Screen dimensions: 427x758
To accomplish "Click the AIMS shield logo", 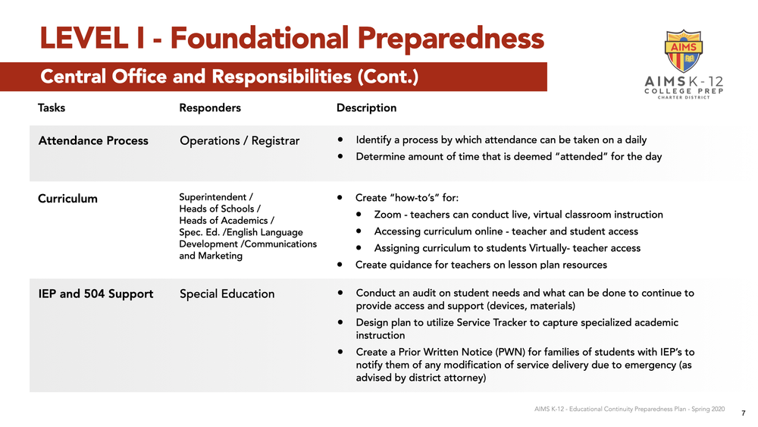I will pyautogui.click(x=684, y=52).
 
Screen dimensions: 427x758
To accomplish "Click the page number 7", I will pyautogui.click(x=743, y=413).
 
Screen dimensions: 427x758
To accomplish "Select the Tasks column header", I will pyautogui.click(x=52, y=108).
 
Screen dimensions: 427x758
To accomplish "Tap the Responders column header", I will pyautogui.click(x=210, y=108).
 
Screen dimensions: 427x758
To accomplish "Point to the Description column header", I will pyautogui.click(x=366, y=108).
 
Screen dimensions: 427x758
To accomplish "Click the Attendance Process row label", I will pyautogui.click(x=93, y=140).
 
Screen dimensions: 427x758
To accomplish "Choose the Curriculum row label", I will pyautogui.click(x=67, y=199).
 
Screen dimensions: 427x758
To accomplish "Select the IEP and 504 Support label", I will pyautogui.click(x=96, y=294).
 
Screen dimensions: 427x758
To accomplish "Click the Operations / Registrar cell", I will pyautogui.click(x=240, y=140).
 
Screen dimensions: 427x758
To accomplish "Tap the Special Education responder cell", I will pyautogui.click(x=227, y=294).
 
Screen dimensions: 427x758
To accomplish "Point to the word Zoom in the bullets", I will pyautogui.click(x=387, y=215).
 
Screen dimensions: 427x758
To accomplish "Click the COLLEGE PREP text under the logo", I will pyautogui.click(x=684, y=90).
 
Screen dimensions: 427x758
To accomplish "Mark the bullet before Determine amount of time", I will pyautogui.click(x=340, y=157).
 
